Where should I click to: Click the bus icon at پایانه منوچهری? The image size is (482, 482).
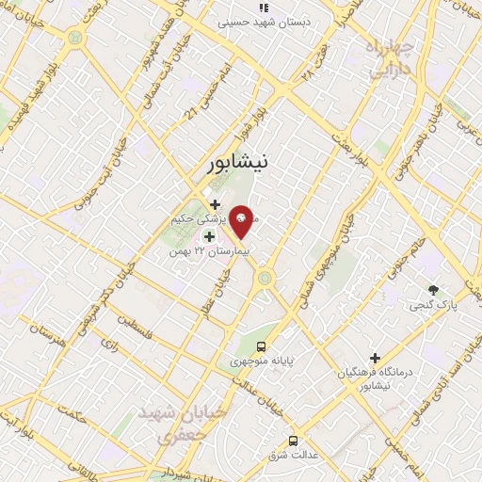[262, 345]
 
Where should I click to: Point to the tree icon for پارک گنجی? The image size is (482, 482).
[432, 290]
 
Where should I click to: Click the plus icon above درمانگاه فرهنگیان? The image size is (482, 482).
[375, 358]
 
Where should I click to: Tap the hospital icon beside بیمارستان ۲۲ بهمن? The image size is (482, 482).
[209, 235]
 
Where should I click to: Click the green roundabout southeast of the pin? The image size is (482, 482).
[265, 278]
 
